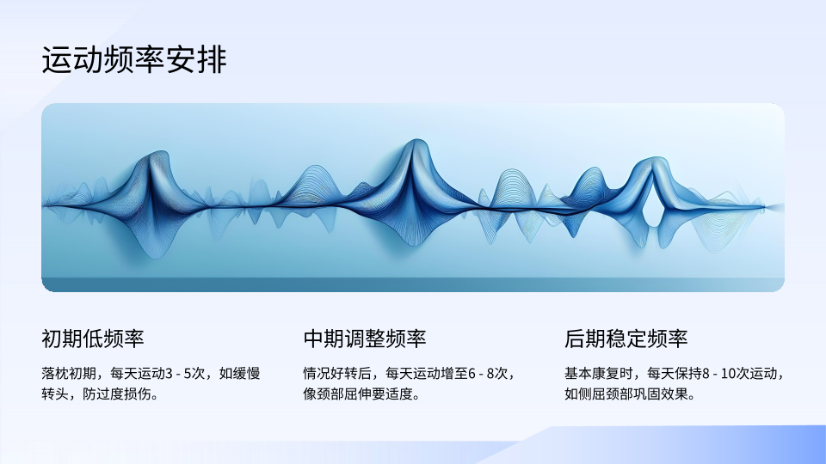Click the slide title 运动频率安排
[134, 59]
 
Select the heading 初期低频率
[93, 339]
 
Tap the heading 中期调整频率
[365, 339]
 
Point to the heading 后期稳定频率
[626, 339]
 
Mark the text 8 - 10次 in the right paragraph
[725, 374]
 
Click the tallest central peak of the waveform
[417, 143]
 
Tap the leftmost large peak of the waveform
[157, 156]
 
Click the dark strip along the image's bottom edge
[413, 284]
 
